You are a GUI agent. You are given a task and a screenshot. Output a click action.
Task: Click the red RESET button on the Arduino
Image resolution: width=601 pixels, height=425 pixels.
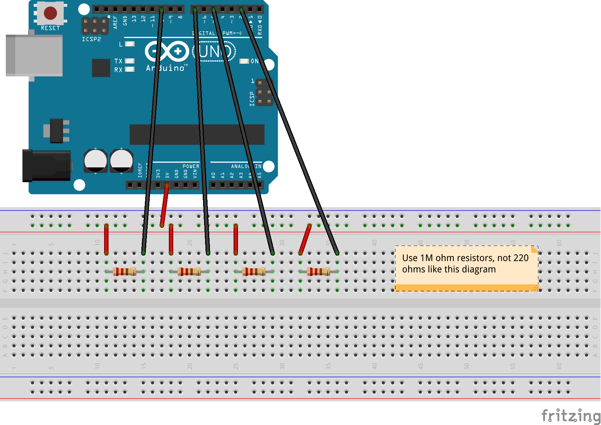click(x=50, y=13)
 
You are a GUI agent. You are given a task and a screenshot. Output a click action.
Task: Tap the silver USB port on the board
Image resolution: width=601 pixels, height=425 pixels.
click(x=34, y=55)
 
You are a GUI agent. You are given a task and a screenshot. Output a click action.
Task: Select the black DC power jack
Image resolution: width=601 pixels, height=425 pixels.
click(x=46, y=166)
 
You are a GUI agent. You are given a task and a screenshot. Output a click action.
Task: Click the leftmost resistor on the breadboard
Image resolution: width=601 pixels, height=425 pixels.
click(x=125, y=272)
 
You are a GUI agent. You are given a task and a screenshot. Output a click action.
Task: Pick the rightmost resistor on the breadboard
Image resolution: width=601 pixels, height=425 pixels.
click(x=318, y=272)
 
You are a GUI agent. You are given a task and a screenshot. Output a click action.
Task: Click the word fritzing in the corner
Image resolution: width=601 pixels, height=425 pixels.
click(x=571, y=416)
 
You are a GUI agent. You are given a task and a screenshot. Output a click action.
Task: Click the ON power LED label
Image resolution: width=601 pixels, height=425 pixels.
click(x=254, y=61)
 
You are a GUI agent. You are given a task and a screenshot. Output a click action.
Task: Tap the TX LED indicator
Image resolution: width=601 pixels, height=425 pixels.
click(x=129, y=61)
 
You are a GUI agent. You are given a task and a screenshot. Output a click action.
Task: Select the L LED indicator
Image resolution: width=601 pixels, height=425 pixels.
click(x=130, y=44)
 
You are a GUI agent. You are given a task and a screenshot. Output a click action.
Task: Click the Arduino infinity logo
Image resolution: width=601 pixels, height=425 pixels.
click(x=167, y=51)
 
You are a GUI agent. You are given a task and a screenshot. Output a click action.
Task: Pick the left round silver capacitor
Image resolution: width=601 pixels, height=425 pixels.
click(x=96, y=160)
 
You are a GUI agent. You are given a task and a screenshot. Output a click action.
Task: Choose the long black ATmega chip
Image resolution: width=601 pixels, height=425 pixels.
click(x=197, y=134)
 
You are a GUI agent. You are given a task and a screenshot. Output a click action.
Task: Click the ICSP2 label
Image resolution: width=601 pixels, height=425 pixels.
click(x=91, y=39)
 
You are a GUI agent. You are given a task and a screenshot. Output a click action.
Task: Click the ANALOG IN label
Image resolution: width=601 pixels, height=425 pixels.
click(x=246, y=166)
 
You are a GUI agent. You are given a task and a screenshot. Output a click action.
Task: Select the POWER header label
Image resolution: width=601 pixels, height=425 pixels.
click(x=191, y=166)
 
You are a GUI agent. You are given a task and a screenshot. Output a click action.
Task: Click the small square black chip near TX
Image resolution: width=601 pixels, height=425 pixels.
click(x=101, y=68)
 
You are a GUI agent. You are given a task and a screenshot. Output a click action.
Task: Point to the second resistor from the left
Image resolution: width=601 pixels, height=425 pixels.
click(x=189, y=272)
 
